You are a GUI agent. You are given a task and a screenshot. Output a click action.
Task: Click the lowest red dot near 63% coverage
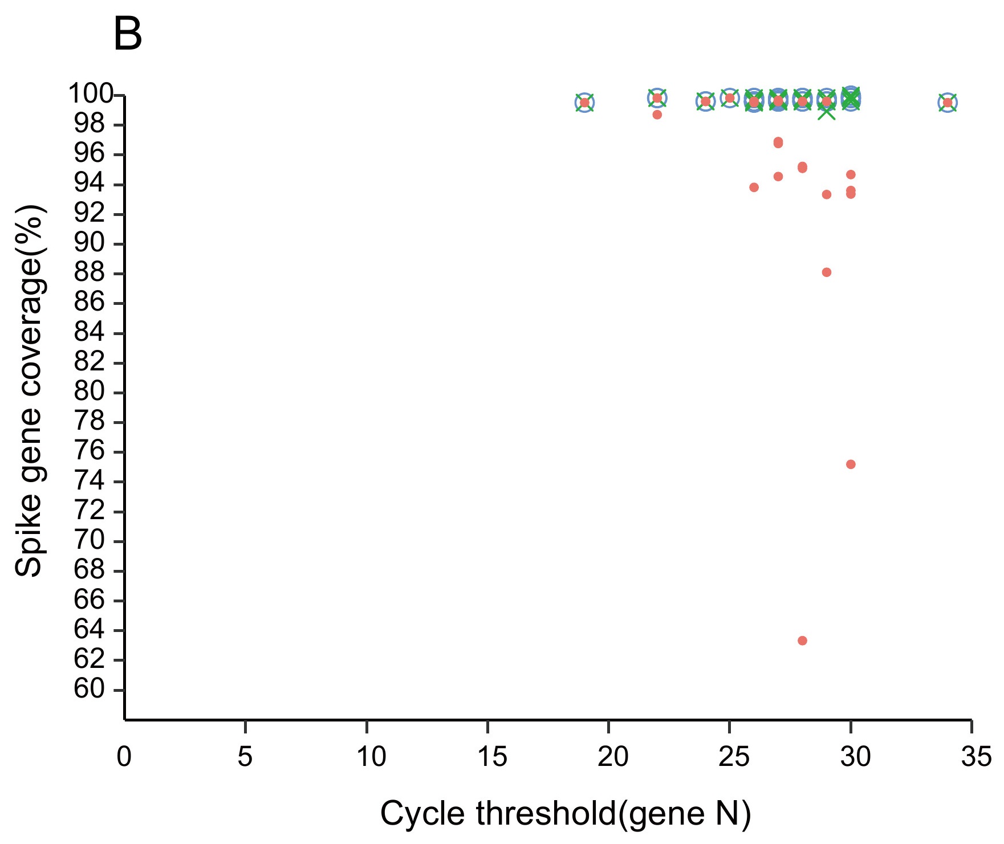pos(802,641)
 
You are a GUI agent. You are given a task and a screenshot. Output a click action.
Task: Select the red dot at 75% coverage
pos(851,464)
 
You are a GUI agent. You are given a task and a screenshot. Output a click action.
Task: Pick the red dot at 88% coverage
pos(827,272)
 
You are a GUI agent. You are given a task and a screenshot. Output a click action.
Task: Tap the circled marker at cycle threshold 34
pos(948,103)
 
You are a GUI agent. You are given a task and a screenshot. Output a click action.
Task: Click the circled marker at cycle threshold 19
pos(584,103)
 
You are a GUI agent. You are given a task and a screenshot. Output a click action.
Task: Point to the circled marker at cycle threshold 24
pos(706,101)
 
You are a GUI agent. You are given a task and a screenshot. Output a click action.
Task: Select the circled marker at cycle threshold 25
pos(730,98)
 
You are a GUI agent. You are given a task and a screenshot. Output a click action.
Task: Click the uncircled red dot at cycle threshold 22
pos(657,115)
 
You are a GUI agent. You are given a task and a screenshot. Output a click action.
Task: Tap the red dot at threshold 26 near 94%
pos(754,187)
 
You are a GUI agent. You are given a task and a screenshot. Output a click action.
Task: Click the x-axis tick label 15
pos(488,757)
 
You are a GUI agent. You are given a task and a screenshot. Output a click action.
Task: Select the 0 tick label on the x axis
pos(124,757)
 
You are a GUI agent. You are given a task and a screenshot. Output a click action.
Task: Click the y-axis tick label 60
pos(90,690)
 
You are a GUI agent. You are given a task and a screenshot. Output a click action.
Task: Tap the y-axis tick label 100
pos(91,94)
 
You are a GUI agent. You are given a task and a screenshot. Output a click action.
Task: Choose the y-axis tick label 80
pos(90,392)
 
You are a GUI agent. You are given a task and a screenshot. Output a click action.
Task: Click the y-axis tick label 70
pos(90,541)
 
